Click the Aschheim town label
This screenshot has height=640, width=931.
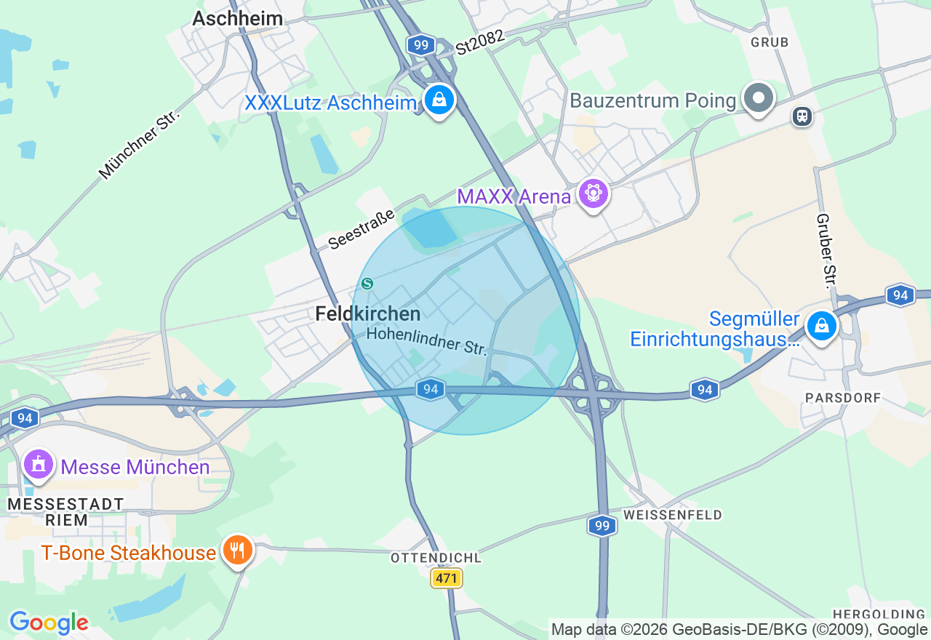tap(237, 18)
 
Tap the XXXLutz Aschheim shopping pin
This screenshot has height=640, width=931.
tap(439, 100)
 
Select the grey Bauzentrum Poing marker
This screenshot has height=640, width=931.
tap(759, 97)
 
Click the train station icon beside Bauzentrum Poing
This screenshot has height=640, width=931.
tap(802, 116)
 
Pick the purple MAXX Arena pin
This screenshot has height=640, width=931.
tap(594, 194)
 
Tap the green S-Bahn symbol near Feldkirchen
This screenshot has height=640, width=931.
tap(367, 284)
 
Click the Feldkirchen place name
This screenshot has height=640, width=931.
tap(368, 314)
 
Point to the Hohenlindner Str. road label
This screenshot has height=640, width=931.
tap(426, 341)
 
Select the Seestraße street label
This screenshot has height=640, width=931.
tap(361, 228)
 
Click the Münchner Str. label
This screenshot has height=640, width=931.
tap(138, 144)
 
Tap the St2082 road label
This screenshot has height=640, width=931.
tap(480, 43)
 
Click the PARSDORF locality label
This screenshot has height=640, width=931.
tap(843, 398)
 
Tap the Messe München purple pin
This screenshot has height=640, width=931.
tap(39, 464)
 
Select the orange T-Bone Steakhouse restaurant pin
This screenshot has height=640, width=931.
tap(237, 551)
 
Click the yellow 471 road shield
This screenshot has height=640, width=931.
tap(447, 579)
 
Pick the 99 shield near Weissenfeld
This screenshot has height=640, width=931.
tap(602, 526)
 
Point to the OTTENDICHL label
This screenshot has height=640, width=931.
tap(436, 558)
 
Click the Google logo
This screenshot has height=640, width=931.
tap(49, 623)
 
